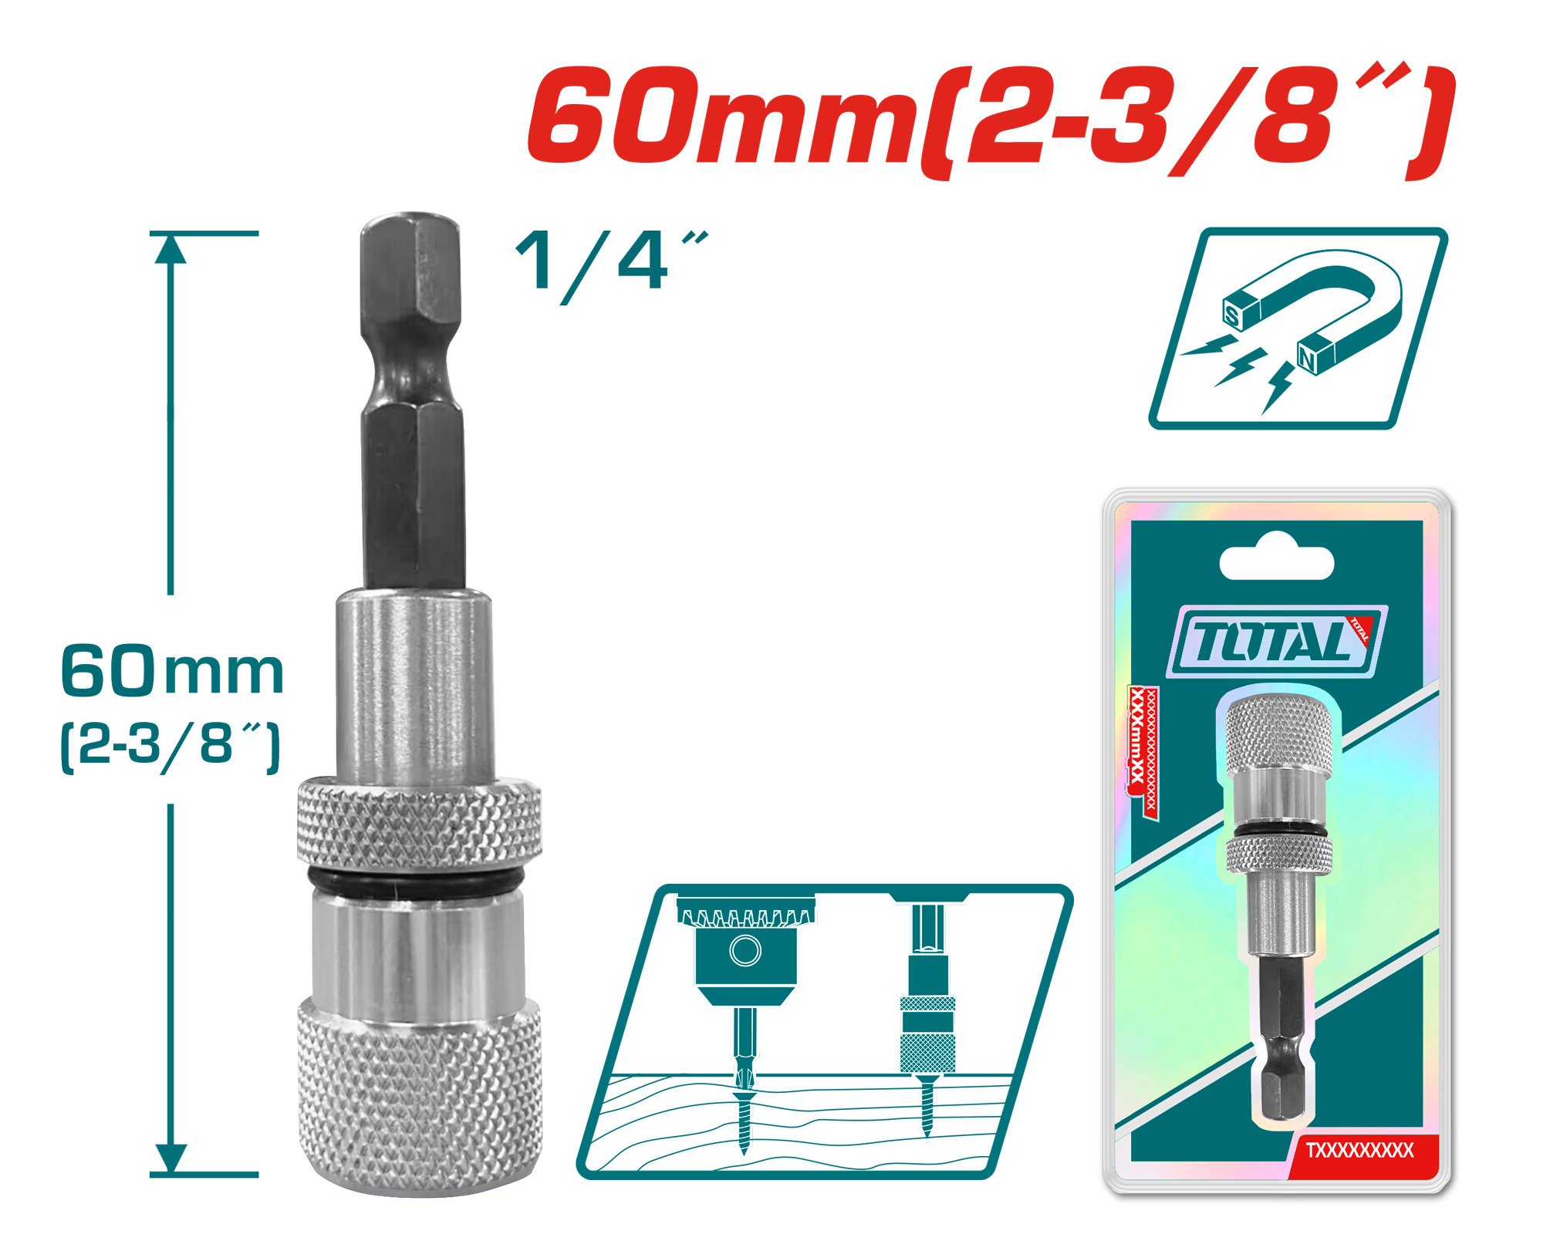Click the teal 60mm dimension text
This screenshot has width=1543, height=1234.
click(172, 673)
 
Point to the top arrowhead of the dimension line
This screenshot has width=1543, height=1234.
click(171, 248)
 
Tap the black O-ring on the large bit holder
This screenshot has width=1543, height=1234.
click(417, 880)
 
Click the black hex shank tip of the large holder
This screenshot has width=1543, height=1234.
click(410, 255)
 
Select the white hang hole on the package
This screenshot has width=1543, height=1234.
click(1276, 561)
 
